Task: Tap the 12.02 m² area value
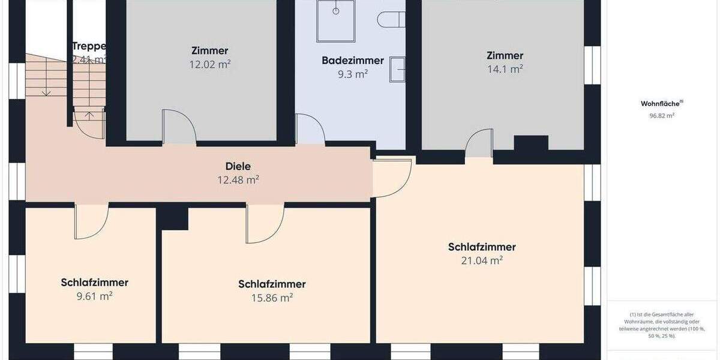pyautogui.click(x=209, y=64)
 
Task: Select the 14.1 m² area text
pyautogui.click(x=505, y=69)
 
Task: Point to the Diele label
pyautogui.click(x=238, y=166)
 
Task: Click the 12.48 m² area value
pyautogui.click(x=238, y=179)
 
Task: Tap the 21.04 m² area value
pyautogui.click(x=481, y=260)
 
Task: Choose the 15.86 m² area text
pyautogui.click(x=272, y=298)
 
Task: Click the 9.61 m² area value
pyautogui.click(x=94, y=296)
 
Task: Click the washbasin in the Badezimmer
pyautogui.click(x=398, y=69)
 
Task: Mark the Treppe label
pyautogui.click(x=89, y=46)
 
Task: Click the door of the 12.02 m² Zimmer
pyautogui.click(x=179, y=128)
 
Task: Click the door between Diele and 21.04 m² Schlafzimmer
pyautogui.click(x=392, y=178)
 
